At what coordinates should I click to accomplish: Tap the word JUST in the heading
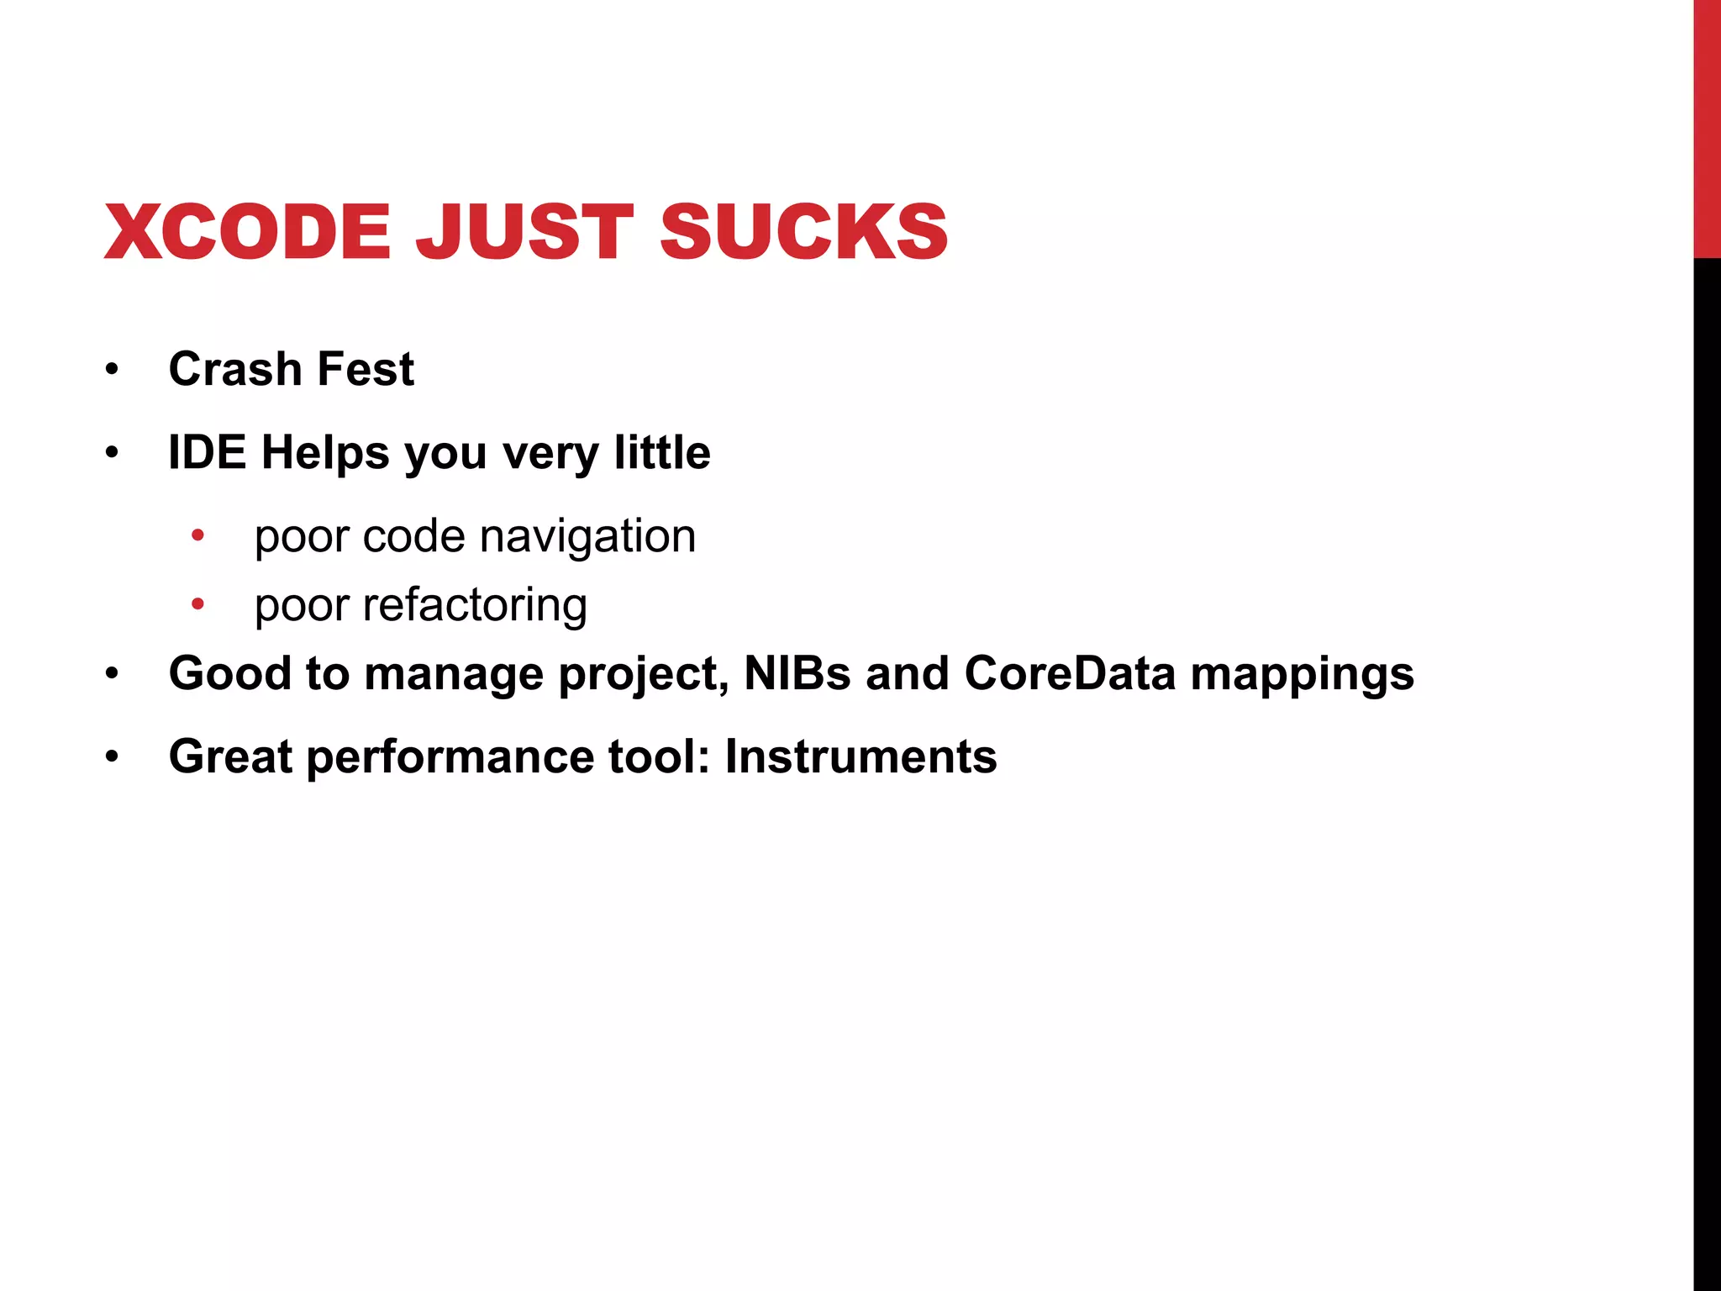pyautogui.click(x=524, y=232)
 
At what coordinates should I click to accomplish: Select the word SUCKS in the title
pyautogui.click(x=803, y=232)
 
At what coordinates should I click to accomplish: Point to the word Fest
pyautogui.click(x=366, y=369)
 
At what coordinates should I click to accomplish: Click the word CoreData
pyautogui.click(x=1070, y=673)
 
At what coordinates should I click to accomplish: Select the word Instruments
pyautogui.click(x=860, y=756)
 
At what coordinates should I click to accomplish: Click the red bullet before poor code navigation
pyautogui.click(x=197, y=535)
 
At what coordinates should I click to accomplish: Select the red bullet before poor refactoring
pyautogui.click(x=197, y=603)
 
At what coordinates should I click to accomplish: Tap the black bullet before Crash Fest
pyautogui.click(x=113, y=369)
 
